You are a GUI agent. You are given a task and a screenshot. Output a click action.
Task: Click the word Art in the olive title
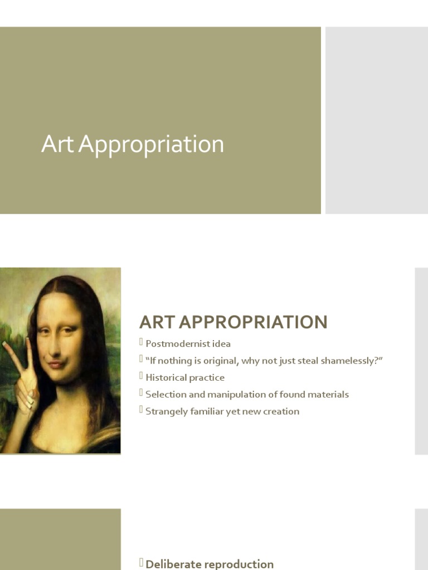click(58, 144)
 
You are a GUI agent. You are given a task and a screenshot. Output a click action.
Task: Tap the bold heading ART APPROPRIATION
click(233, 322)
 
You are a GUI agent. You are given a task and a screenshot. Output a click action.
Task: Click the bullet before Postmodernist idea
click(142, 342)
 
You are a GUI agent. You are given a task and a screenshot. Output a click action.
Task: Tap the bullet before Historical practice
click(142, 376)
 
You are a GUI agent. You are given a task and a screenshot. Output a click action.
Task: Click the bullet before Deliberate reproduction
click(142, 563)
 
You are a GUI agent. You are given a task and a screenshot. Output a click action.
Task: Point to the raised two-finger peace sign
click(17, 362)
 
